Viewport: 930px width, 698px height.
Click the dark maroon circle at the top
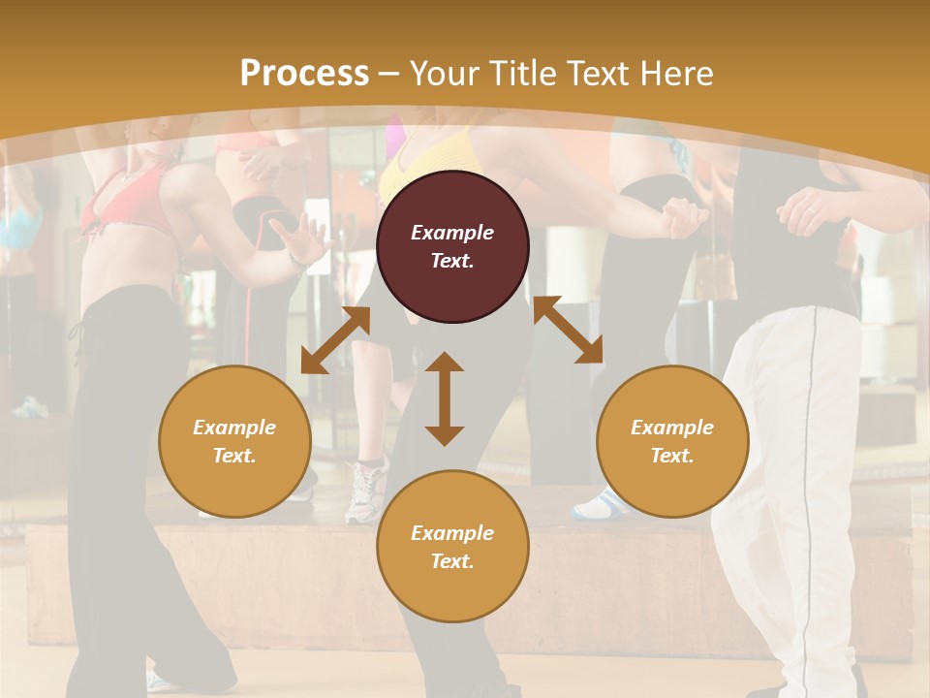(x=452, y=246)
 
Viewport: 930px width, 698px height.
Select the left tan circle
(x=234, y=441)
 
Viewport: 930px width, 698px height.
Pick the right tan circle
(x=672, y=441)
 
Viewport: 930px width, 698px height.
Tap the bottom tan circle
(x=452, y=546)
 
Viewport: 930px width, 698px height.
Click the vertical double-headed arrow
(x=445, y=398)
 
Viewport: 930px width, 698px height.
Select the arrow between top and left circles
(x=335, y=340)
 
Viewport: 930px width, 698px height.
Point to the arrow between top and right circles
(x=568, y=330)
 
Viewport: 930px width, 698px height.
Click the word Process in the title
(x=304, y=73)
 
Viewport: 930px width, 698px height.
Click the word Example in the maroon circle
(x=452, y=233)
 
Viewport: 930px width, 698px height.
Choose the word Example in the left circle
(x=234, y=428)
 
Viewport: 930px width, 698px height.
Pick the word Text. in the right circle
(x=672, y=456)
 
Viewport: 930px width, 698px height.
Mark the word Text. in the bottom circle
(x=452, y=561)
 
